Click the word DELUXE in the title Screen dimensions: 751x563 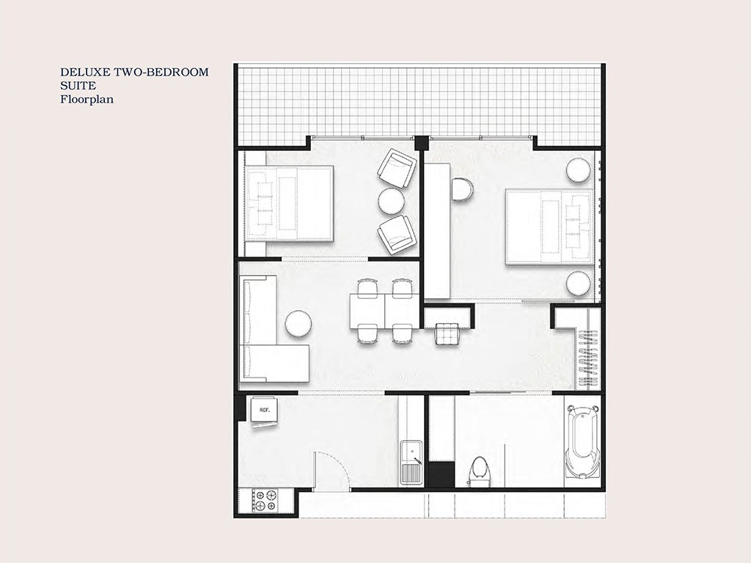coord(85,72)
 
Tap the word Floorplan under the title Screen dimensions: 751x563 coord(87,100)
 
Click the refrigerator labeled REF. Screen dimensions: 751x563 coord(264,410)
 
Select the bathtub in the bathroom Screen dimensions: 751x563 coord(582,441)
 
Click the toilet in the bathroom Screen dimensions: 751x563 coord(478,471)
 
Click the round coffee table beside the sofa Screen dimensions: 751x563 coord(298,323)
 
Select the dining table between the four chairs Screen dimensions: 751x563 coord(385,311)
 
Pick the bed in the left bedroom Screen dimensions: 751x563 coord(289,204)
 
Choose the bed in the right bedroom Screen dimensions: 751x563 coord(549,227)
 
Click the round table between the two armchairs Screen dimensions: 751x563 coord(392,201)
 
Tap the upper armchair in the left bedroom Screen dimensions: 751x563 coord(396,169)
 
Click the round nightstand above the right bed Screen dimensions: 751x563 coord(578,170)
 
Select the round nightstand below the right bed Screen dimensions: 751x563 coord(578,284)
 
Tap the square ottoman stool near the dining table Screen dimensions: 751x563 coord(448,334)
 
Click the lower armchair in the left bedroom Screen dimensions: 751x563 coord(396,235)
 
